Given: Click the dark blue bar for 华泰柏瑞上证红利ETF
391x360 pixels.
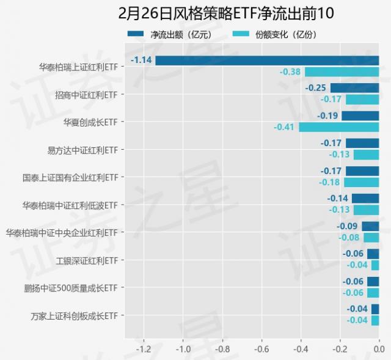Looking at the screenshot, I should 267,61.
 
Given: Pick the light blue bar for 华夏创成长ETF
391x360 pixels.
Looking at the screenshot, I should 338,127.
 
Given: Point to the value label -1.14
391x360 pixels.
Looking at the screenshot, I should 142,61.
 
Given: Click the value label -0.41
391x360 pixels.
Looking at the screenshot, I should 285,127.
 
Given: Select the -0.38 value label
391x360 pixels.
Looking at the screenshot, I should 291,72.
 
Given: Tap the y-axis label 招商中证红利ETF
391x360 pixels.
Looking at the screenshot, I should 86,95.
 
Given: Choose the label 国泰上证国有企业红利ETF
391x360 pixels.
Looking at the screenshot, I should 70,177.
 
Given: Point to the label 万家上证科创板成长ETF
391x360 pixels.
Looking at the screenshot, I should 74,315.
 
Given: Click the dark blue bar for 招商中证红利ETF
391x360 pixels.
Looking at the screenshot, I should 354,88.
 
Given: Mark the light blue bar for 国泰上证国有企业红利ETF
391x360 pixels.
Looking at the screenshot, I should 361,182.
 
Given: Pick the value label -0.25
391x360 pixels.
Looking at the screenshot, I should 316,88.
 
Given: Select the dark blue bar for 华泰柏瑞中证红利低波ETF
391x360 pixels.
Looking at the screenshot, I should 365,198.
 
